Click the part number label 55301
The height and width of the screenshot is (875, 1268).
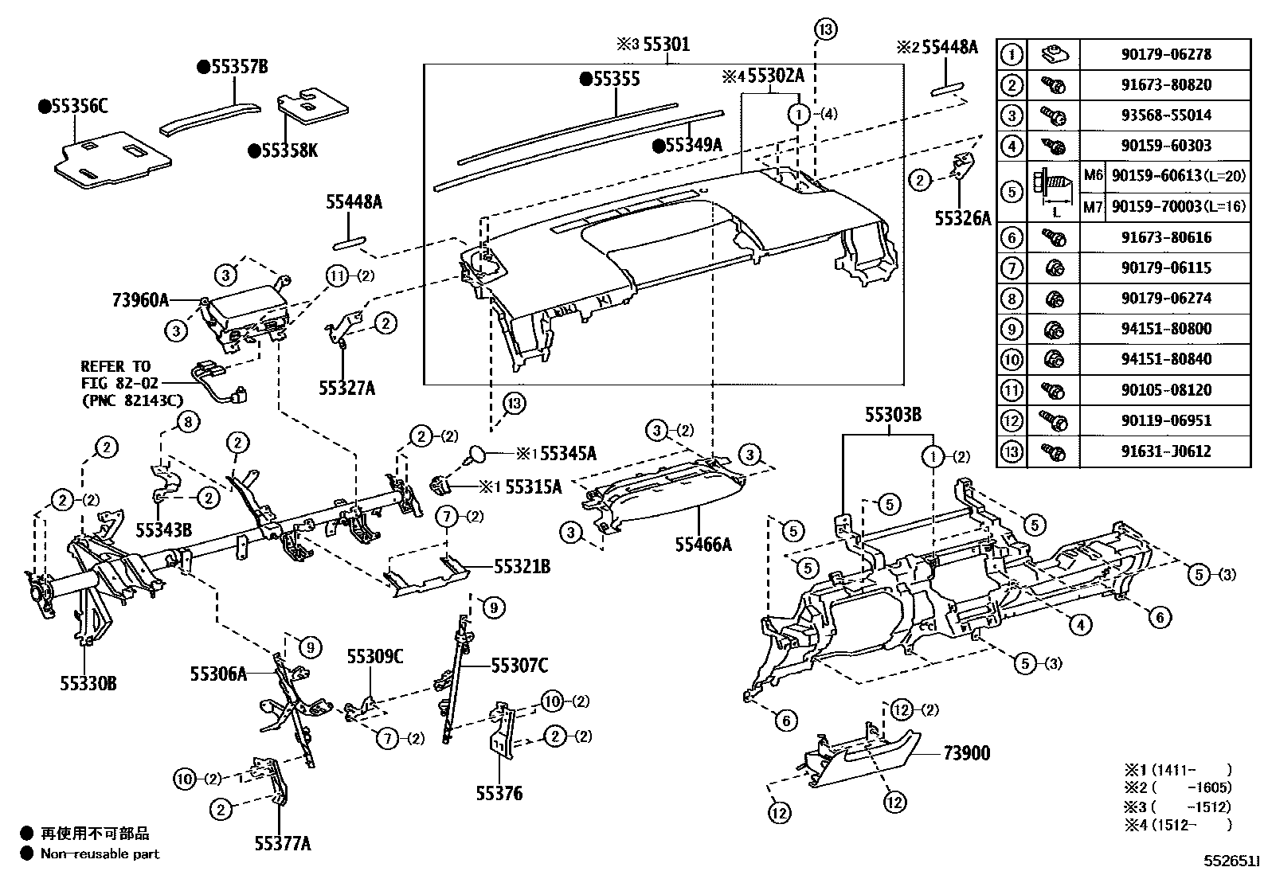point(666,45)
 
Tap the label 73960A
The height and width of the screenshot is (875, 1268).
point(140,300)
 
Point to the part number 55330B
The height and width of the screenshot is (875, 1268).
point(88,682)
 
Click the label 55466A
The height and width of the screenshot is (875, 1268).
point(702,544)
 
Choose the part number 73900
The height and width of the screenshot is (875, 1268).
point(967,752)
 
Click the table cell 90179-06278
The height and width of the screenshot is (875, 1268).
point(1165,54)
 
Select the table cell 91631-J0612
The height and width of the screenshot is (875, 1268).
point(1165,451)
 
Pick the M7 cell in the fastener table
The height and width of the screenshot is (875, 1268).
point(1093,207)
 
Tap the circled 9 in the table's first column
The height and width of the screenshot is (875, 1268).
point(1011,329)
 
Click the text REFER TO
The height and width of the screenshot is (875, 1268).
point(115,366)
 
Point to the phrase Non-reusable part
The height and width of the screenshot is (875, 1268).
point(100,854)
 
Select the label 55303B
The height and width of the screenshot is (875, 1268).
point(894,415)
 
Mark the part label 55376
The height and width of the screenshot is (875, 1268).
point(499,793)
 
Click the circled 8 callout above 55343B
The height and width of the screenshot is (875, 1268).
point(187,422)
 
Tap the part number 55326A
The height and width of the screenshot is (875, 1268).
point(962,218)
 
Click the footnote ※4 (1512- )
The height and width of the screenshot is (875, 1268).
point(1177,825)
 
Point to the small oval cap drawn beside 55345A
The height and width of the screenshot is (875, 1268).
point(476,454)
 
